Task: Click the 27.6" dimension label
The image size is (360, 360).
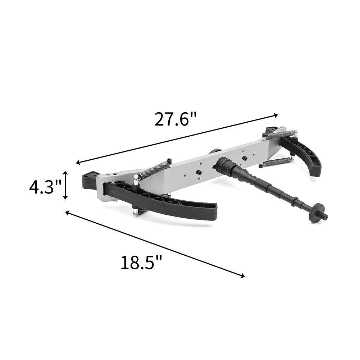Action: [x=176, y=119]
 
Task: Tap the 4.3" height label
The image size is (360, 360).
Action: [x=45, y=186]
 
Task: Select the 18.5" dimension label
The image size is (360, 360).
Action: [x=141, y=262]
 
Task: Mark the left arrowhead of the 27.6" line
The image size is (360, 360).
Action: [x=79, y=163]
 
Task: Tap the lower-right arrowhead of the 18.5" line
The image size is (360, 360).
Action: [x=242, y=276]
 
